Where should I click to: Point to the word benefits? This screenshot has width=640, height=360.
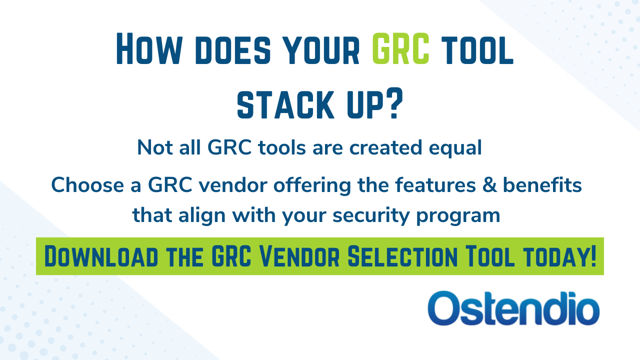542,185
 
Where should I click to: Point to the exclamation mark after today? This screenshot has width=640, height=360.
592,256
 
